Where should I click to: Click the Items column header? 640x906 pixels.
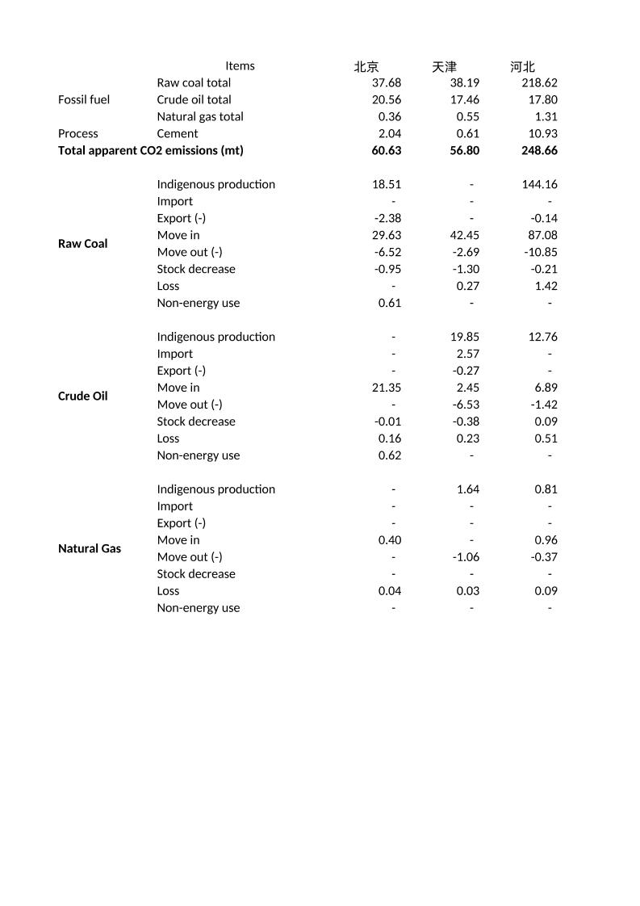(240, 66)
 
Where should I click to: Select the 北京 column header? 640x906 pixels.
(366, 67)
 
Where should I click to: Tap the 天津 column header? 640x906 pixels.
(444, 67)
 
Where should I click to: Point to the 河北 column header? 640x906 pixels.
(522, 67)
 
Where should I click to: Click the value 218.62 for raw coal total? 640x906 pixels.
(540, 82)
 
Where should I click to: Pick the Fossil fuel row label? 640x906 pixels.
(84, 99)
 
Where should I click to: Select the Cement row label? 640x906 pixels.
(178, 133)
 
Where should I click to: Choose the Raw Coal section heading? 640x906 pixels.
(82, 243)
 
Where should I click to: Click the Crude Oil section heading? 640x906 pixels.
(82, 396)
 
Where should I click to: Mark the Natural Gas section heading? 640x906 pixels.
(90, 548)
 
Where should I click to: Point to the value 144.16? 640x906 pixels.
(540, 184)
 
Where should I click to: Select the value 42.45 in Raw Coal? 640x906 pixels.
(465, 235)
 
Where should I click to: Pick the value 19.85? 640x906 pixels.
(465, 337)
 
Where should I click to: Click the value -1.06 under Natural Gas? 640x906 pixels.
(466, 557)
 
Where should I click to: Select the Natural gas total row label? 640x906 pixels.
(200, 116)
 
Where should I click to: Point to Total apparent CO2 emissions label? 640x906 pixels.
(151, 150)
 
